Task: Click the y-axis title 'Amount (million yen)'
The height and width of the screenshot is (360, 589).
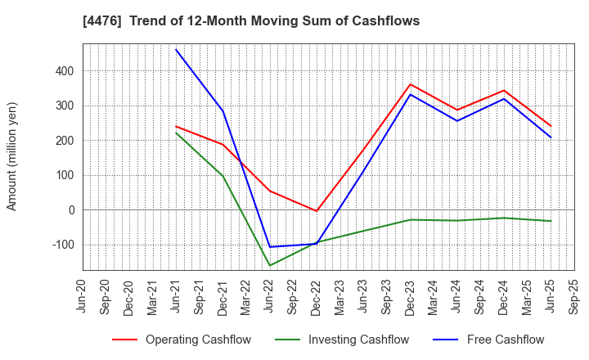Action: [12, 156]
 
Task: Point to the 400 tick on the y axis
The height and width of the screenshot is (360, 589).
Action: [65, 71]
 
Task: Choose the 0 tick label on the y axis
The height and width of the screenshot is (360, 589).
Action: [71, 210]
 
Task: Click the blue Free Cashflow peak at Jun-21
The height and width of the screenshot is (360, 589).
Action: [176, 49]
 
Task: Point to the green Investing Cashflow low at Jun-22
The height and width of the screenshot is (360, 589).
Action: [270, 265]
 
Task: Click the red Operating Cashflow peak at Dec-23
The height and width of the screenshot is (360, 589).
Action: [411, 84]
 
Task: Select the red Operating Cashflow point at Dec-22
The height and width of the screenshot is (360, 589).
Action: [317, 211]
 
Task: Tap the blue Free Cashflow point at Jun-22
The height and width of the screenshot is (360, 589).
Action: [270, 247]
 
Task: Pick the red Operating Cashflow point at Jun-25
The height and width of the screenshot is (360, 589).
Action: [551, 126]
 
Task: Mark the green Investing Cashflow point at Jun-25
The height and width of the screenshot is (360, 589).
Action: [551, 221]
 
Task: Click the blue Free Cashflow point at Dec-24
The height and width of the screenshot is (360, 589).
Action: [504, 99]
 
